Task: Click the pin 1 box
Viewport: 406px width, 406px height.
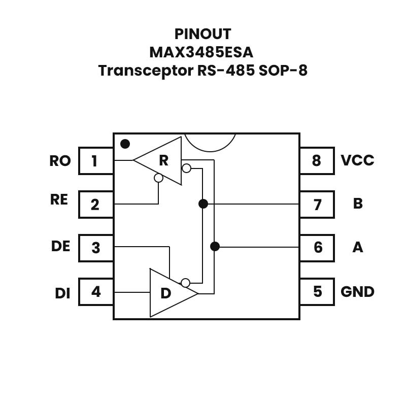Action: [95, 161]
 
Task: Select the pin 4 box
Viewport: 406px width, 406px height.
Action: [95, 292]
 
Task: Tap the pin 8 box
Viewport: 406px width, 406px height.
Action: [317, 161]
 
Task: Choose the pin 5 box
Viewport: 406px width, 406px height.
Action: [317, 292]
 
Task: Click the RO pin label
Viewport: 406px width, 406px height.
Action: [60, 161]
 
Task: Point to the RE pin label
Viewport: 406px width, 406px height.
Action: [59, 199]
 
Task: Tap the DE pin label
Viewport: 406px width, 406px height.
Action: [60, 246]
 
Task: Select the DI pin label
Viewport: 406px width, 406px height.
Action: [62, 293]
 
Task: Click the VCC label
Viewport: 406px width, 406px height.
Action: [357, 160]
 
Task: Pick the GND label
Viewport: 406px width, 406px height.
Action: [357, 292]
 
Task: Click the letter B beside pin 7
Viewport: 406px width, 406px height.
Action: [358, 204]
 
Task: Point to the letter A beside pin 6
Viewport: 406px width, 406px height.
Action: [358, 247]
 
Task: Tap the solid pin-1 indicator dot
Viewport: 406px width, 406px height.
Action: [125, 144]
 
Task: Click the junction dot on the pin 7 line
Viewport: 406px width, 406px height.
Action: [203, 204]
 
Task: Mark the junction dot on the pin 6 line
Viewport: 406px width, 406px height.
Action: [215, 247]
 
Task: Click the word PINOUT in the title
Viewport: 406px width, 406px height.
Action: [202, 34]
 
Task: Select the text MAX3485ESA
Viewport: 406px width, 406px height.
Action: [201, 52]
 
